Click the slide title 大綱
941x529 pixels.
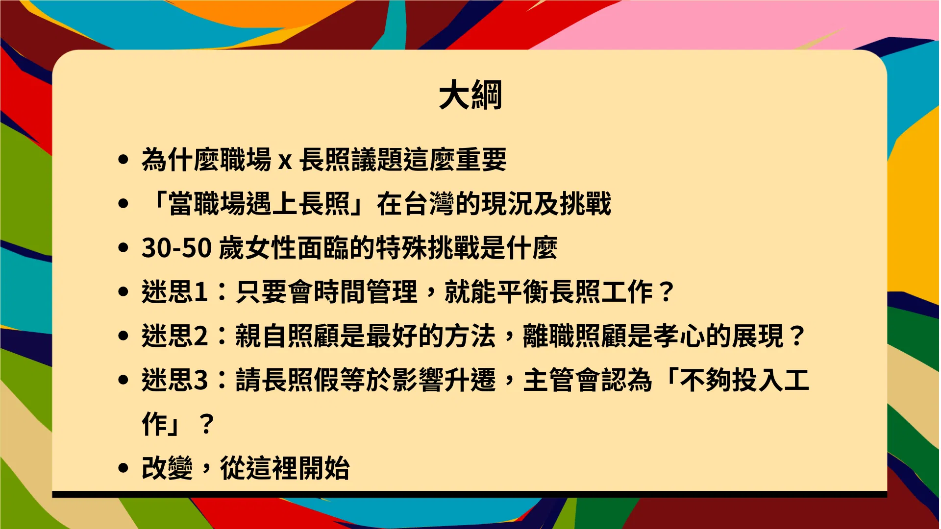coord(470,95)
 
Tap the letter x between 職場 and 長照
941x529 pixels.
coord(285,161)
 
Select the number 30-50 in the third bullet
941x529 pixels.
coord(176,248)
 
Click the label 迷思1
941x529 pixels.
coord(174,292)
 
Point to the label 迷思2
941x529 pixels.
coord(175,336)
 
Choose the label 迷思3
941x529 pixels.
coord(175,380)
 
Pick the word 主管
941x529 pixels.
coord(548,380)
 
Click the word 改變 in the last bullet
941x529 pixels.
coord(167,468)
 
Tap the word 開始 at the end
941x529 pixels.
coord(324,468)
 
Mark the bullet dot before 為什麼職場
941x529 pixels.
coord(124,160)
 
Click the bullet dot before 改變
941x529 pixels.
coord(124,468)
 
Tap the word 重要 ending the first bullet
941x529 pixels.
coord(481,160)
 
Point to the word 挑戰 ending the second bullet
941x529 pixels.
coord(586,204)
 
